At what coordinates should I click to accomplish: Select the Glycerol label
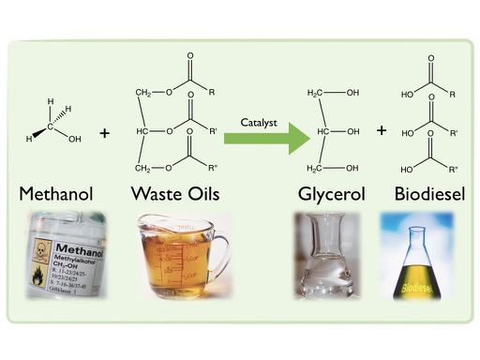(324, 195)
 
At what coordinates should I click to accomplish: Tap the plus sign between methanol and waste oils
(104, 133)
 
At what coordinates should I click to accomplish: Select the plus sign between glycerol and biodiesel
(382, 130)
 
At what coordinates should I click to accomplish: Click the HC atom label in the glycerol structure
(322, 131)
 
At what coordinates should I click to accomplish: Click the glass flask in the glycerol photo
(324, 258)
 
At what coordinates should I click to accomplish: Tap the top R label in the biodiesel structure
(453, 94)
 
